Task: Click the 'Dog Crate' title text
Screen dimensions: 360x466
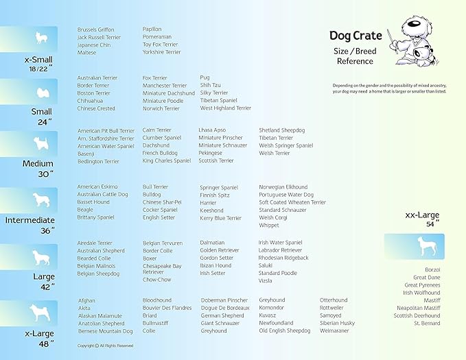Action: (x=355, y=36)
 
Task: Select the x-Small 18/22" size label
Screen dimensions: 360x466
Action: (x=29, y=64)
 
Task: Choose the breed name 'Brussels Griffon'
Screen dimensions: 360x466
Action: (x=96, y=30)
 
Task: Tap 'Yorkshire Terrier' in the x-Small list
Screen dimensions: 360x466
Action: (x=161, y=52)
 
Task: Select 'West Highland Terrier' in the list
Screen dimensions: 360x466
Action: (x=225, y=108)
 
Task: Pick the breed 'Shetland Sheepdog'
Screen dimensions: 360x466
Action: (x=281, y=130)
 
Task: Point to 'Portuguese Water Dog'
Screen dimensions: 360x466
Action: (x=286, y=195)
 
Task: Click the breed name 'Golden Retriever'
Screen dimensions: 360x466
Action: (x=220, y=250)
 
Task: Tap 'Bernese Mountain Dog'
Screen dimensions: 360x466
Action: (x=105, y=331)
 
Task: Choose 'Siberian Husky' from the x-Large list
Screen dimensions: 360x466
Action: (x=337, y=323)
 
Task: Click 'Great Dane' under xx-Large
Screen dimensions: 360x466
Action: (x=427, y=277)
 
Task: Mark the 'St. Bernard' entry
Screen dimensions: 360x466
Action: (x=427, y=323)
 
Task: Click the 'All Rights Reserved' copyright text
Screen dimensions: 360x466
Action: (x=105, y=346)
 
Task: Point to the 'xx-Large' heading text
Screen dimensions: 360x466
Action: (x=422, y=215)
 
